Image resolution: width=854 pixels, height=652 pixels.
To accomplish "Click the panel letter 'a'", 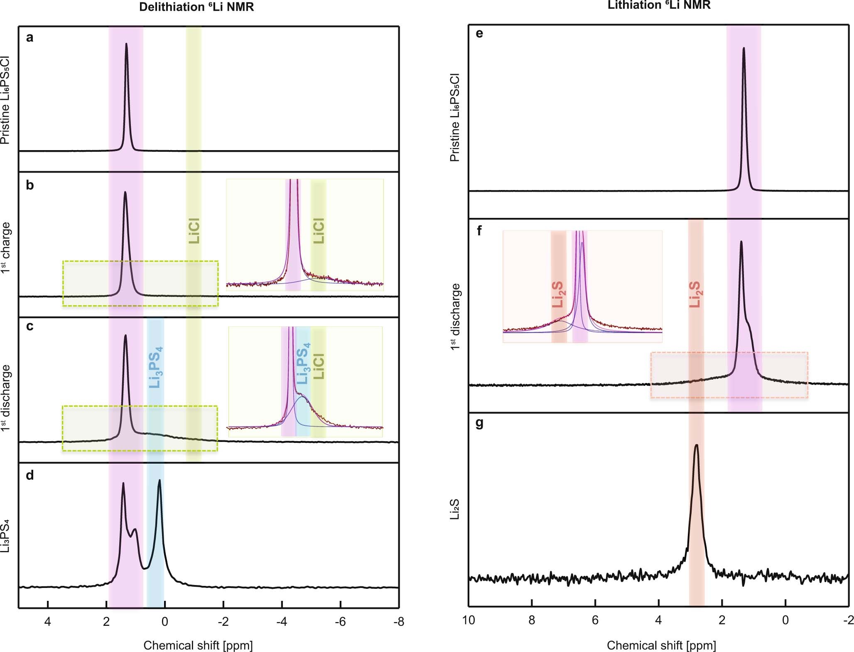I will click(x=29, y=38).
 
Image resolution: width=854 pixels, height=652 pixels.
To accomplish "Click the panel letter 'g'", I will click(x=479, y=423).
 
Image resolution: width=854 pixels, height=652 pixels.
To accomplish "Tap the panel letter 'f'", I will click(x=479, y=230).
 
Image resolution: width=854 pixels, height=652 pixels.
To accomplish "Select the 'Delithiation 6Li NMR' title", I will click(x=196, y=7).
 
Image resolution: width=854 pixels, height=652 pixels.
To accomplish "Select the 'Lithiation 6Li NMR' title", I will click(x=659, y=5).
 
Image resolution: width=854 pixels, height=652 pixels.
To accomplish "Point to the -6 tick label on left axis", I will click(x=340, y=622).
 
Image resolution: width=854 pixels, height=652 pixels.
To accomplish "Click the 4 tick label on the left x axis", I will click(x=48, y=622).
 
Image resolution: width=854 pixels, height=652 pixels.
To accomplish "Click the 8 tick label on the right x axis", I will click(x=532, y=620).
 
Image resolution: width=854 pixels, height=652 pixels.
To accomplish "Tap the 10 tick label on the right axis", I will click(x=469, y=620).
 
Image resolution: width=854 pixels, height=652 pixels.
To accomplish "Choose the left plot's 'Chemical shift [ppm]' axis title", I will click(x=198, y=645).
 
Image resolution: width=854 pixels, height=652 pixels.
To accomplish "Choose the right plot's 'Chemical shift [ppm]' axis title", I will click(x=661, y=645).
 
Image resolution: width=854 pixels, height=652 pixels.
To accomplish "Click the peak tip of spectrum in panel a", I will click(x=126, y=44).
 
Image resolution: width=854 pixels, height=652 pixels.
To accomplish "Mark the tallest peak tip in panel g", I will click(x=696, y=445).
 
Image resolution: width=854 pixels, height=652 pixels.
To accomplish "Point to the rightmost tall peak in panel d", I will click(x=160, y=481).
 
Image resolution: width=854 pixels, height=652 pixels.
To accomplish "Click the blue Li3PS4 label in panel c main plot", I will click(x=156, y=367).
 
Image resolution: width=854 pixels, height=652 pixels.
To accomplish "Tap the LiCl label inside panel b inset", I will click(x=319, y=230).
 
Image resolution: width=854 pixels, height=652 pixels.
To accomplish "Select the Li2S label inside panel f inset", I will click(x=558, y=294).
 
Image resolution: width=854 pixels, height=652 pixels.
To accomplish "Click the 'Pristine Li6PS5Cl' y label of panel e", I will click(x=455, y=118).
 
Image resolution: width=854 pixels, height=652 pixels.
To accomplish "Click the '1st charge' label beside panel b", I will click(x=5, y=247).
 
